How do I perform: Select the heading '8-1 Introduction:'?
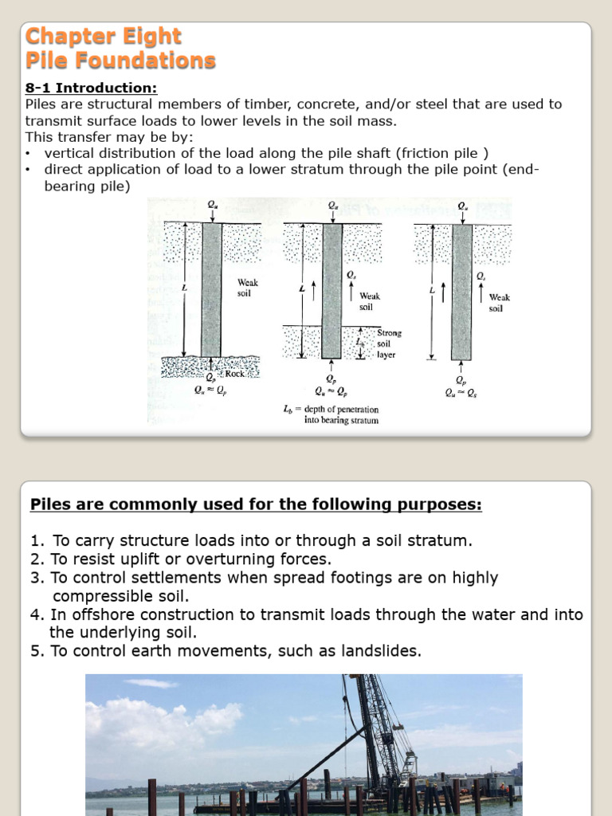pyautogui.click(x=91, y=88)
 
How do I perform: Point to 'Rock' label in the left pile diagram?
pyautogui.click(x=235, y=373)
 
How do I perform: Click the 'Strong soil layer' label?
pyautogui.click(x=389, y=343)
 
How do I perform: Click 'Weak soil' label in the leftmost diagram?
pyautogui.click(x=248, y=288)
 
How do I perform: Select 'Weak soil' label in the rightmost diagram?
pyautogui.click(x=500, y=303)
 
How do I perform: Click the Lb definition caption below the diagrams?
pyautogui.click(x=331, y=414)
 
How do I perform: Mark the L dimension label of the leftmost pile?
pyautogui.click(x=184, y=287)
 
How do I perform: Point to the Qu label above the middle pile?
pyautogui.click(x=332, y=206)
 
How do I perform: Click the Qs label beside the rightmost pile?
pyautogui.click(x=481, y=276)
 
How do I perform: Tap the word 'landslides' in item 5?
pyautogui.click(x=379, y=651)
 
